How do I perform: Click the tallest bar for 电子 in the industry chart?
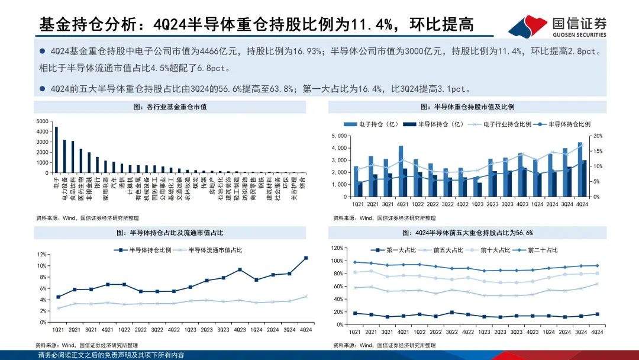(x=56, y=150)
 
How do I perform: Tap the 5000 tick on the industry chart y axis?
(x=42, y=121)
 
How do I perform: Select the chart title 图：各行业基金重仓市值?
(x=170, y=107)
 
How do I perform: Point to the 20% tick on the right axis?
(x=598, y=136)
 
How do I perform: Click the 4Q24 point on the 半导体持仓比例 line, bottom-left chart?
(x=306, y=258)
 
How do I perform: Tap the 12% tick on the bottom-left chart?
(x=42, y=254)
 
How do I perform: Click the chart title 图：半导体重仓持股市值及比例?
(x=467, y=107)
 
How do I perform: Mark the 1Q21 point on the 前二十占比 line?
(x=354, y=262)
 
